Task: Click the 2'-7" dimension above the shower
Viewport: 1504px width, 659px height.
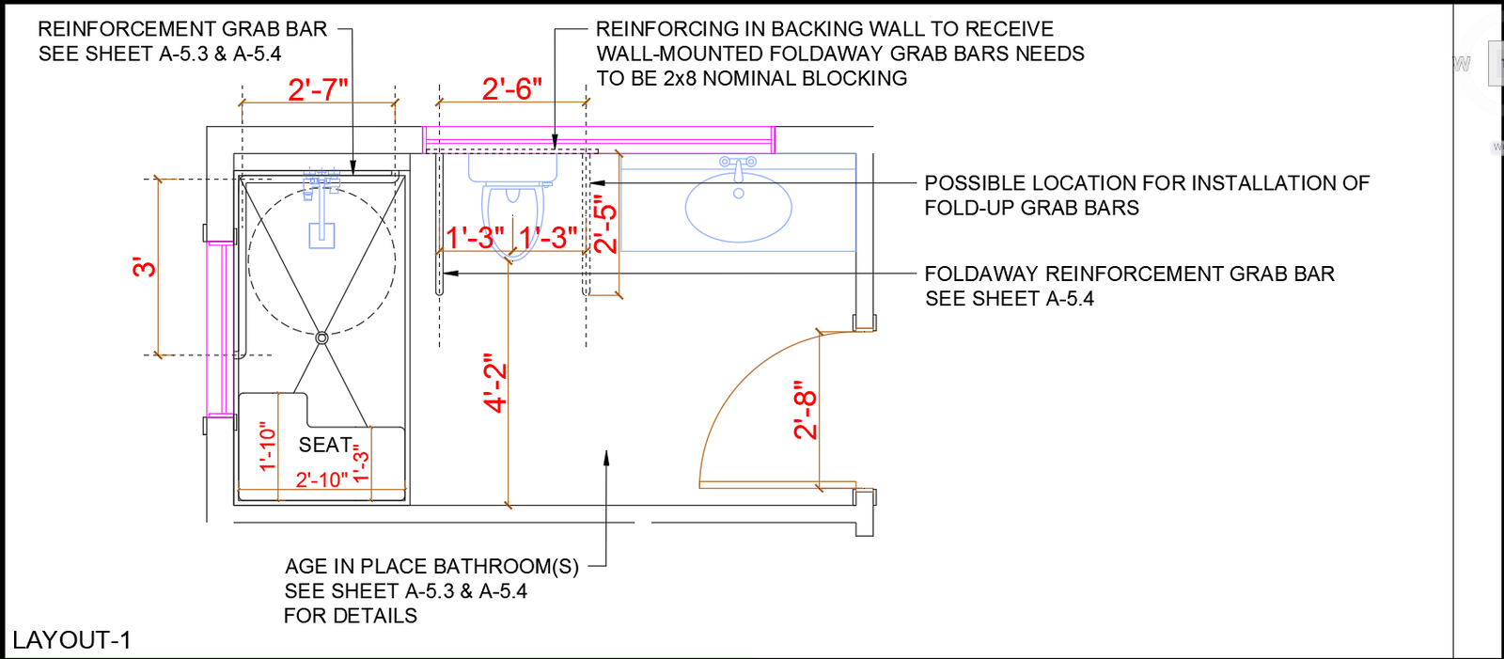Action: [x=318, y=89]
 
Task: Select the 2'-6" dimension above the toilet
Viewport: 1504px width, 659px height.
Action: [x=511, y=88]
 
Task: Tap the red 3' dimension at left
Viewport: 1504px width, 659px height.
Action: [x=144, y=267]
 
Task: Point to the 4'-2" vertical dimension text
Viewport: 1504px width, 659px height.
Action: [x=495, y=383]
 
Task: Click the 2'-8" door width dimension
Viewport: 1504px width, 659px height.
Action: [x=806, y=410]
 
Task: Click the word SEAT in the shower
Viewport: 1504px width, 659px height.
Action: [x=325, y=445]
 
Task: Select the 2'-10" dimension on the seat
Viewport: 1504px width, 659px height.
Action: [x=321, y=479]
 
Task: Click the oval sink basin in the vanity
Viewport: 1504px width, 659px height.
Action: [x=739, y=207]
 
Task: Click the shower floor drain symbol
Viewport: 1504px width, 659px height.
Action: [x=321, y=337]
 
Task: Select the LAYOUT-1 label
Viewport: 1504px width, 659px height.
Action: [x=71, y=640]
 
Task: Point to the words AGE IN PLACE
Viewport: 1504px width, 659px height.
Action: [x=356, y=567]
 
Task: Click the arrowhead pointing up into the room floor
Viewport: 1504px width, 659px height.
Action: [x=606, y=458]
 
